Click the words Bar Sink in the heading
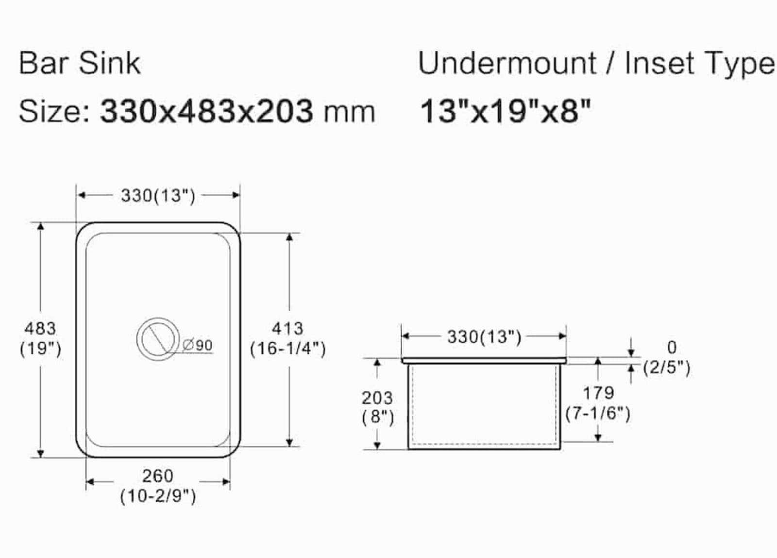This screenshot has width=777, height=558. coord(80,63)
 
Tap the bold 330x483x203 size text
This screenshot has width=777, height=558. coord(206,111)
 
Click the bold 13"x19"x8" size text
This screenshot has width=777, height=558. coord(505,111)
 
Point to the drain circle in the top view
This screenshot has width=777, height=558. coord(157,338)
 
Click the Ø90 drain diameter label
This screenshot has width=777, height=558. coord(198,345)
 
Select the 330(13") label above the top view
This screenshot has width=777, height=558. coord(158,196)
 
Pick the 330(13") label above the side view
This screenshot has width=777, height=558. coord(484,337)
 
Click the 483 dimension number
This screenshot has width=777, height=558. coord(40,329)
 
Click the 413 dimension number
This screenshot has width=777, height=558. coord(287,329)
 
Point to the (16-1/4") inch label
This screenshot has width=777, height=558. coord(287,349)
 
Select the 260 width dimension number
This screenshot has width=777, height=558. coord(158,475)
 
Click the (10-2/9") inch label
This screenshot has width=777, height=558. coord(158,496)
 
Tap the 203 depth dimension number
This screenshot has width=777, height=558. coord(377,398)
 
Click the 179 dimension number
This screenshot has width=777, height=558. coord(598,392)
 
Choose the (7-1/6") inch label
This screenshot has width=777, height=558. coord(598,413)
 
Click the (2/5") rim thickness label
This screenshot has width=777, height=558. coord(666,367)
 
